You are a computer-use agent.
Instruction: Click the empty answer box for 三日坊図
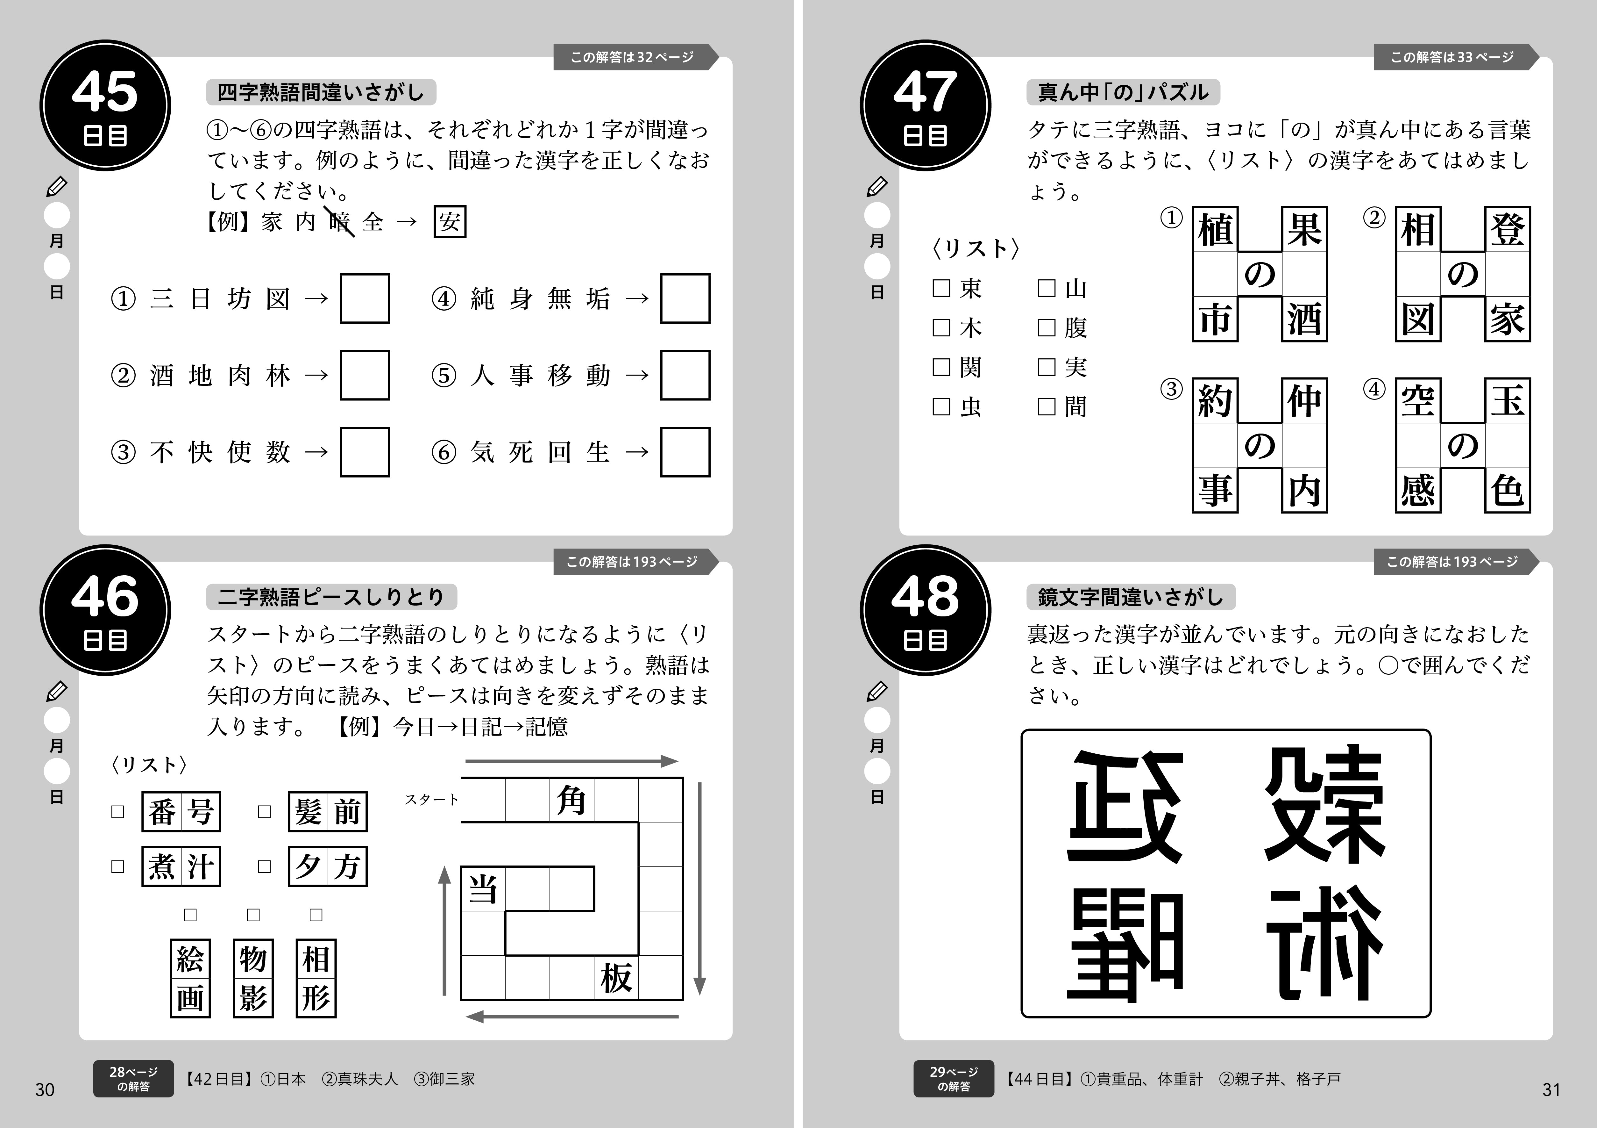coord(365,298)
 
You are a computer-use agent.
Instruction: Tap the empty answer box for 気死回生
coord(685,452)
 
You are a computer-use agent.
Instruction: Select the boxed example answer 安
coord(449,222)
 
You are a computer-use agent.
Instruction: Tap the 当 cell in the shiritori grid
coord(483,889)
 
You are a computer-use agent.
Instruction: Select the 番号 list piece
coord(181,811)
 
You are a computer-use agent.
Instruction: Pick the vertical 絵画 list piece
coord(190,978)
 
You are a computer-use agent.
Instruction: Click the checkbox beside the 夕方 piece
coord(264,866)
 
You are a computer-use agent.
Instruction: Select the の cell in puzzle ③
coord(1260,445)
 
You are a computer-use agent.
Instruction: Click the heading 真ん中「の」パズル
coord(1123,93)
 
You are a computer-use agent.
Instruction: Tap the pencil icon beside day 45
coord(56,186)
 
